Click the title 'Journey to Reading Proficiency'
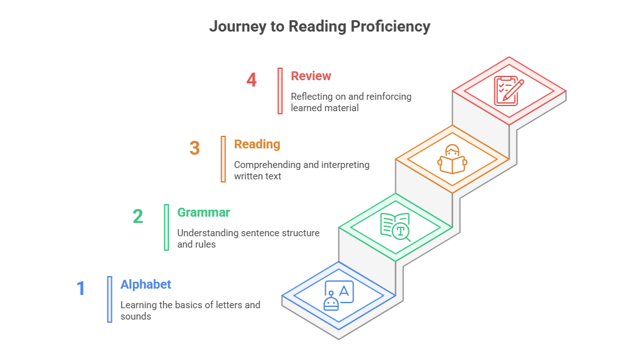319,27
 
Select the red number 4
251,80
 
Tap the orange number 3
194,148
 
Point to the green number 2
138,217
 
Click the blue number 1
81,288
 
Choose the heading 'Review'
311,76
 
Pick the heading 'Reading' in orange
257,144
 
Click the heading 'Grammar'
203,212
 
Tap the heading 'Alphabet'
146,284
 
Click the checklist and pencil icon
509,90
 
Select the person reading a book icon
452,159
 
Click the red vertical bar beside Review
280,91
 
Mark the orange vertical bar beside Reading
223,159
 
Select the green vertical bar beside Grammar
166,227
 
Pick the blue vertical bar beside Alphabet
109,299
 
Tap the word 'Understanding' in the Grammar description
207,233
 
